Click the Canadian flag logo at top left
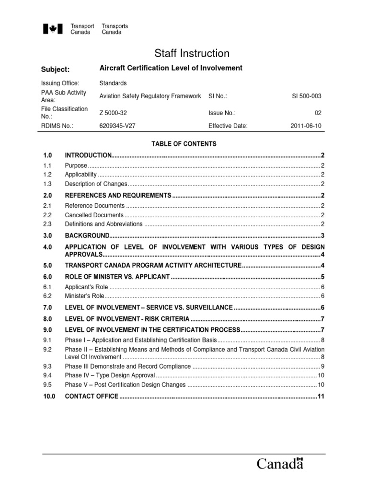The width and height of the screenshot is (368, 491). click(53, 30)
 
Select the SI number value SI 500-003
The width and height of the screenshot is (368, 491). click(307, 96)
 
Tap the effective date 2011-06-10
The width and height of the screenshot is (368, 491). click(306, 127)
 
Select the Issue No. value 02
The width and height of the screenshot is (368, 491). click(318, 113)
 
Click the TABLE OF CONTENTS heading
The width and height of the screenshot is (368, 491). click(184, 144)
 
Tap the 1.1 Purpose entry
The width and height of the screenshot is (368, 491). click(76, 165)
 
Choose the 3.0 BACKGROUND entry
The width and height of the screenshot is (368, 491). click(88, 235)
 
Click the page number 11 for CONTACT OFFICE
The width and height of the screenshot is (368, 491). click(321, 396)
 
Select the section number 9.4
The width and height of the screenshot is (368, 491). click(47, 375)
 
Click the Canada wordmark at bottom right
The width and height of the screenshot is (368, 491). click(280, 464)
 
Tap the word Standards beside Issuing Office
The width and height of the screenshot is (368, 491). click(113, 83)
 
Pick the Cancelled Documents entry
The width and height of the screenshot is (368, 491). click(94, 215)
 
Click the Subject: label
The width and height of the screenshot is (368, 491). click(56, 70)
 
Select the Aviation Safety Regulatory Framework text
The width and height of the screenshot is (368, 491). click(150, 96)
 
